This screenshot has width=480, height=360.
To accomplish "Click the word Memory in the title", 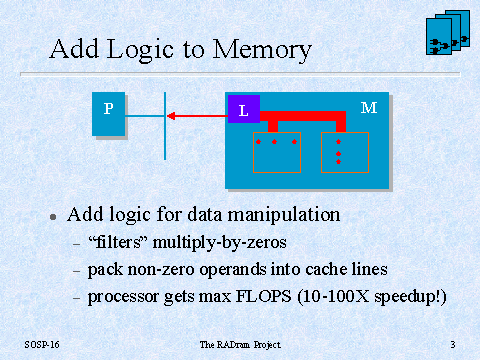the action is [262, 50].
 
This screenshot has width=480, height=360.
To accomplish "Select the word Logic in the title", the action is [140, 50].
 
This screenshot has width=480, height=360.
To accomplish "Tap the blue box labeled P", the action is [108, 114].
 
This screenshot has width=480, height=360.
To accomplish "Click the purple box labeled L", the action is [244, 109].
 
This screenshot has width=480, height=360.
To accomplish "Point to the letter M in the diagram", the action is [369, 108].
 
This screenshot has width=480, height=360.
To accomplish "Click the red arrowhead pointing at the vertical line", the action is [171, 116].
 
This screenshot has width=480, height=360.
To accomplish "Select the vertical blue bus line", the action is [165, 126].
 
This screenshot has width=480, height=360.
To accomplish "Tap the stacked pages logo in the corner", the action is [448, 32].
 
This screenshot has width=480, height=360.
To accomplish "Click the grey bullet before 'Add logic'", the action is [53, 217].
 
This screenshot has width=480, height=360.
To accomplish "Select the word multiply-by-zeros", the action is [220, 243].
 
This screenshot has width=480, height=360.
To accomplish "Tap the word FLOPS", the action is [264, 296].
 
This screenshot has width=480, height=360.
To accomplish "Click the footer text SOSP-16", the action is [42, 344].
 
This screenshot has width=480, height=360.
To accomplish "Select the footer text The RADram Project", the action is [240, 345].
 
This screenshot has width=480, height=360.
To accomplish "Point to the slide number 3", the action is [453, 344].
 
